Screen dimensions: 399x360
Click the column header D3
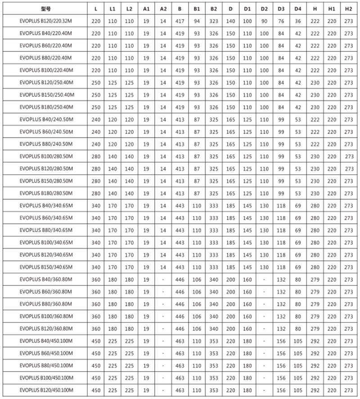pyautogui.click(x=281, y=9)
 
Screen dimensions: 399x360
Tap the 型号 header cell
pyautogui.click(x=43, y=9)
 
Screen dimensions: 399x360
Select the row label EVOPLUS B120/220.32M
pyautogui.click(x=43, y=21)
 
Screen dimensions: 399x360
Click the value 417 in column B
pyautogui.click(x=180, y=21)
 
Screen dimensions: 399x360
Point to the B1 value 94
pyautogui.click(x=197, y=21)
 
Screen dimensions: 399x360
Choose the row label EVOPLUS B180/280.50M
pyautogui.click(x=43, y=193)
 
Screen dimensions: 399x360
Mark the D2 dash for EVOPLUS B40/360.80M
pyautogui.click(x=264, y=279)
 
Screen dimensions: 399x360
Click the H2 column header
pyautogui.click(x=348, y=9)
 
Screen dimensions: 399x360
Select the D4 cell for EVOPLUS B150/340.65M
pyautogui.click(x=297, y=267)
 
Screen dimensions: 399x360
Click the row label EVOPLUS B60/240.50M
pyautogui.click(x=43, y=131)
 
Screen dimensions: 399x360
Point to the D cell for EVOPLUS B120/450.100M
pyautogui.click(x=230, y=390)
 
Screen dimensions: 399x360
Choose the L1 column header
pyautogui.click(x=112, y=9)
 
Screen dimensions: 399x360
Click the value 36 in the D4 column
pyautogui.click(x=297, y=21)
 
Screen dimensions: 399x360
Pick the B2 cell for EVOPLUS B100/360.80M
pyautogui.click(x=214, y=316)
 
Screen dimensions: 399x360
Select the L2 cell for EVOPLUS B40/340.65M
pyautogui.click(x=129, y=205)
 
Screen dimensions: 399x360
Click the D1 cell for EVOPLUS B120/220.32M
pyautogui.click(x=247, y=21)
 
